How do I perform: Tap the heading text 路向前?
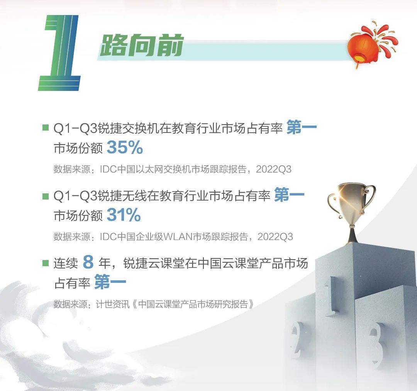pyautogui.click(x=141, y=45)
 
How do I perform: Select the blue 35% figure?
pyautogui.click(x=125, y=148)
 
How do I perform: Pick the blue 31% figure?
pyautogui.click(x=124, y=215)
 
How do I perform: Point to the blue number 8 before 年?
pyautogui.click(x=88, y=262)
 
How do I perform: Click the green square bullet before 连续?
pyautogui.click(x=46, y=263)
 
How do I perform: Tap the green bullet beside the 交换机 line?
pyautogui.click(x=46, y=128)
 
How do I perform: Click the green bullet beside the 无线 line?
pyautogui.click(x=46, y=196)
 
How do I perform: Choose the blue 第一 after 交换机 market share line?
pyautogui.click(x=302, y=127)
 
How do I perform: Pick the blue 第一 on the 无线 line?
pyautogui.click(x=289, y=195)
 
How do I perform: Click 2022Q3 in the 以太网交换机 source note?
pyautogui.click(x=274, y=169)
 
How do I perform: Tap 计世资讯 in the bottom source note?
pyautogui.click(x=113, y=304)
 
